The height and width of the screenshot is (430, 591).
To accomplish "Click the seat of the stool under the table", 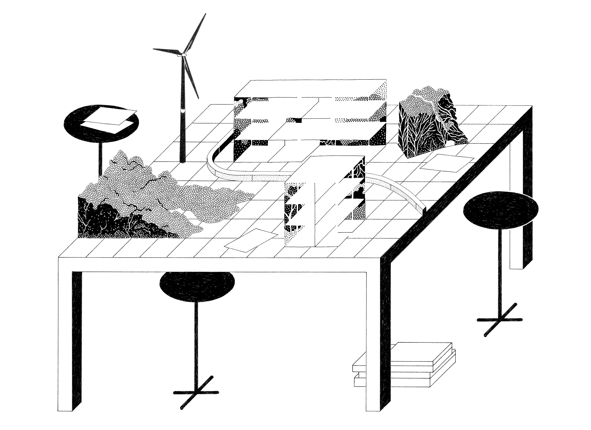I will (x=197, y=287).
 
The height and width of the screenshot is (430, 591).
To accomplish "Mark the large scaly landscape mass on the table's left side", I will (x=146, y=198).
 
